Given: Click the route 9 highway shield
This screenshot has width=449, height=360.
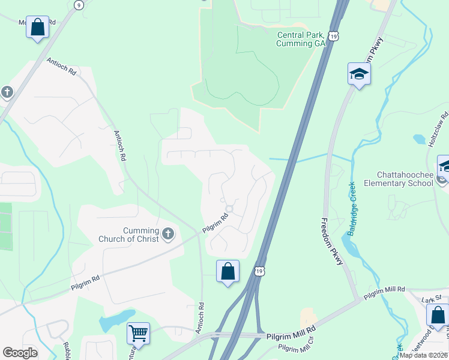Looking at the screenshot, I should (79, 4).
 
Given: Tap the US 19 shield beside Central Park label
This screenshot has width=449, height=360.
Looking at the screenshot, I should (334, 37).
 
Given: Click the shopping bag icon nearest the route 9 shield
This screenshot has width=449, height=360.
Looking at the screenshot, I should (37, 27).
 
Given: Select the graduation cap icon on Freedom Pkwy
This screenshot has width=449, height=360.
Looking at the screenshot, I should (359, 74).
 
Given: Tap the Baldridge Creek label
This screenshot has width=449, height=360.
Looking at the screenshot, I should (352, 208).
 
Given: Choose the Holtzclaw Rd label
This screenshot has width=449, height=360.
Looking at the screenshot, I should (440, 129).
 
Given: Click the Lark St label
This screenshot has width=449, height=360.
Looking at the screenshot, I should (431, 298).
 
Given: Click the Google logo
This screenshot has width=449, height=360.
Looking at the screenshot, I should (20, 353).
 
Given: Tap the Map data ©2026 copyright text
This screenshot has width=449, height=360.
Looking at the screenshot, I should (423, 355).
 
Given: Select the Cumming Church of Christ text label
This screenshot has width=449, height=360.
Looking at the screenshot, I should (129, 235).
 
